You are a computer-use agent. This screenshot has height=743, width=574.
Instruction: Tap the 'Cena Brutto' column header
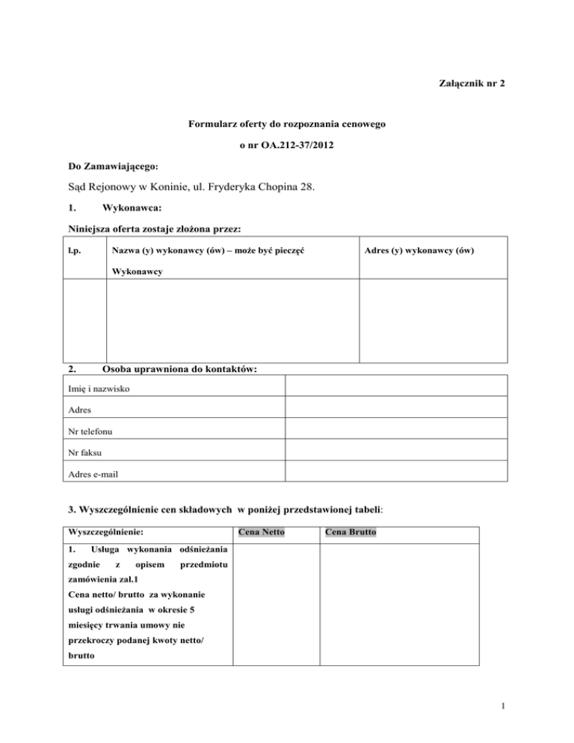(350, 533)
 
